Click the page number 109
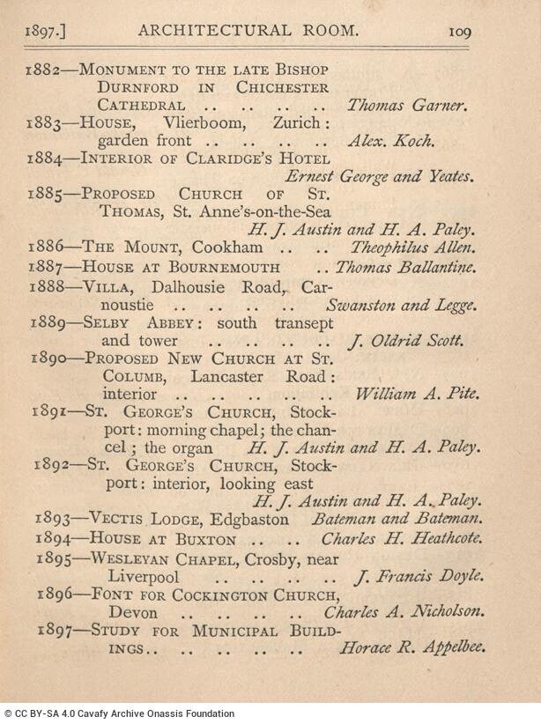459,32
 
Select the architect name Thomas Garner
406,105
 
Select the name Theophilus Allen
413,248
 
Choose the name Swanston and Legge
401,306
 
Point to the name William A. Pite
416,395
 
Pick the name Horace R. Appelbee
411,649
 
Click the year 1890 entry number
49,358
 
